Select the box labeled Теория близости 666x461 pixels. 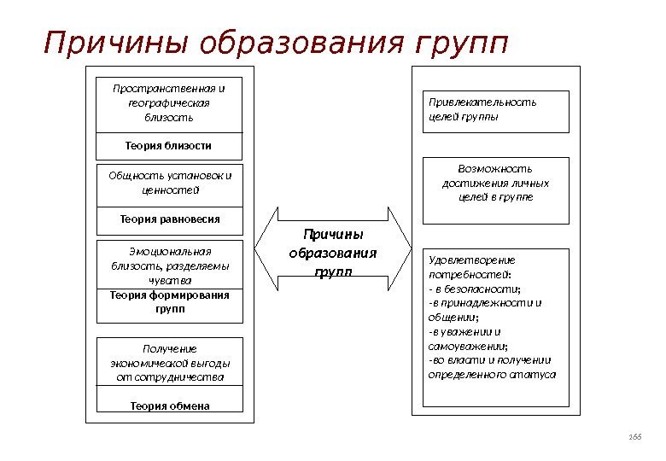click(170, 146)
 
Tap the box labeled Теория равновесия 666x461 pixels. click(170, 219)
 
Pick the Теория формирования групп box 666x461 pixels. click(170, 303)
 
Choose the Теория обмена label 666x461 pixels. click(170, 406)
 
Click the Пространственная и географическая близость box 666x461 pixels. click(170, 102)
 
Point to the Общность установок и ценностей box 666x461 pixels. click(170, 184)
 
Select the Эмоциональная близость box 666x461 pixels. click(170, 264)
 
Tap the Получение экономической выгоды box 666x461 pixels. click(170, 362)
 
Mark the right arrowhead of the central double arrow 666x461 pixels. click(401, 247)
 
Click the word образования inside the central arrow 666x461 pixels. click(333, 254)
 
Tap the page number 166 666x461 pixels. click(634, 436)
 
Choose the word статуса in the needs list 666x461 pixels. click(535, 374)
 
